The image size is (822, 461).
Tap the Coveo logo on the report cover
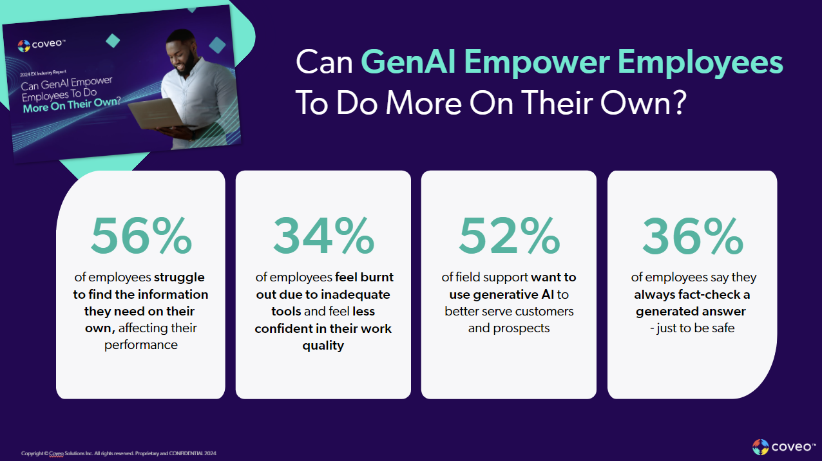click(x=43, y=45)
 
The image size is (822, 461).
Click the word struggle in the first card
click(x=179, y=278)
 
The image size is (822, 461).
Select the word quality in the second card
click(x=323, y=345)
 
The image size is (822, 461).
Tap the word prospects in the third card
click(x=509, y=328)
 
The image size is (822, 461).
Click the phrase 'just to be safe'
click(x=696, y=328)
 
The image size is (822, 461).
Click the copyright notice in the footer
click(x=119, y=453)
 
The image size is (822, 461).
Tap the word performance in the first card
click(x=140, y=345)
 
